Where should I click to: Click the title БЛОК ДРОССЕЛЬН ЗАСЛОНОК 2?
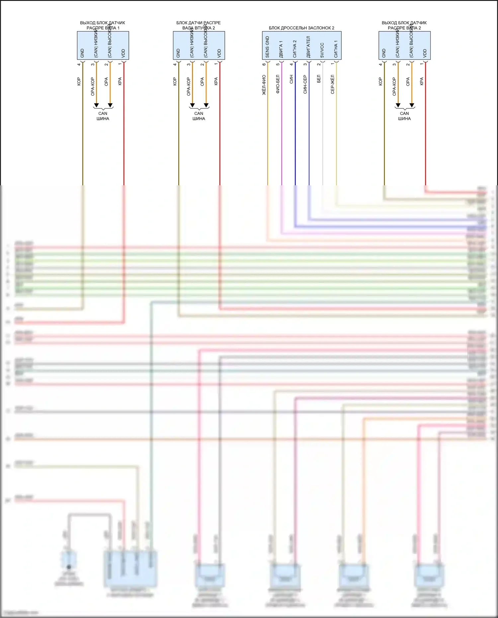coord(301,28)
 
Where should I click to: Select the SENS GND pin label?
coord(267,47)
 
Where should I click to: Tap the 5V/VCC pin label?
coord(322,50)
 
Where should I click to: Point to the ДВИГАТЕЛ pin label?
coord(308,47)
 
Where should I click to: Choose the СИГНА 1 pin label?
coord(336,49)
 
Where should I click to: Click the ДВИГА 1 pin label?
coord(281,49)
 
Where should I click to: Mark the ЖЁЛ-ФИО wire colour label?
coord(264,85)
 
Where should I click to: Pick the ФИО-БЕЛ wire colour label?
coord(278,84)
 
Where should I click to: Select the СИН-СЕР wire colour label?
coord(305,84)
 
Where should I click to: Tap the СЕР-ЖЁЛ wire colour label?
coord(333,84)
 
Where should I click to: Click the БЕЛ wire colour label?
coord(319,79)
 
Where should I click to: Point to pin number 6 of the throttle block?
coord(264,64)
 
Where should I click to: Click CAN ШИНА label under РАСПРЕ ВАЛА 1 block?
coord(103,116)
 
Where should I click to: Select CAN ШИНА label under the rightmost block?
coord(404,116)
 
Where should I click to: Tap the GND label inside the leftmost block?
coord(82,53)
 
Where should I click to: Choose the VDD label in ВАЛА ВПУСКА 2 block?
coord(219,53)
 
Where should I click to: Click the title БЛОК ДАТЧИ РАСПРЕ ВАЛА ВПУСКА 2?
coord(199,25)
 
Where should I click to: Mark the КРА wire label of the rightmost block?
coord(422,81)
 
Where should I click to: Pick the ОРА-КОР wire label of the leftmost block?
coord(93,87)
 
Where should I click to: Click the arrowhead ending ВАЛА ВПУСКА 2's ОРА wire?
coord(206,106)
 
